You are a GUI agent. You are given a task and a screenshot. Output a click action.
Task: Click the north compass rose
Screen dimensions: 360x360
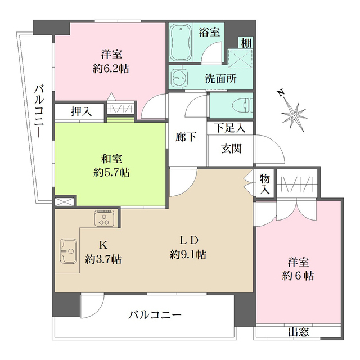(293, 114)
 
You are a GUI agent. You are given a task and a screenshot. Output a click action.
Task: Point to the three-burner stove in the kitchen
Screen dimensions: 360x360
(105, 218)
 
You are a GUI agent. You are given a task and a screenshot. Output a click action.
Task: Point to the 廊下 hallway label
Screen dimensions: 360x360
(186, 137)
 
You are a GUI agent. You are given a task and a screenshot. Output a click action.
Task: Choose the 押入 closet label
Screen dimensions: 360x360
(80, 111)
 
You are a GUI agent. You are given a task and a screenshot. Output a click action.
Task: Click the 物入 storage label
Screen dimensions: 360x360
(265, 184)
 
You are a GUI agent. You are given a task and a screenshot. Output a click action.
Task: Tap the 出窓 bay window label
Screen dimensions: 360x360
(298, 332)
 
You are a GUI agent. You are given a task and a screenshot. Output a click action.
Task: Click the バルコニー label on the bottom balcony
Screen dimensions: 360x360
(155, 315)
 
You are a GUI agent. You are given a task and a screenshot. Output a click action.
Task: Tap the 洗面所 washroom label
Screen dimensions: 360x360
(220, 79)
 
